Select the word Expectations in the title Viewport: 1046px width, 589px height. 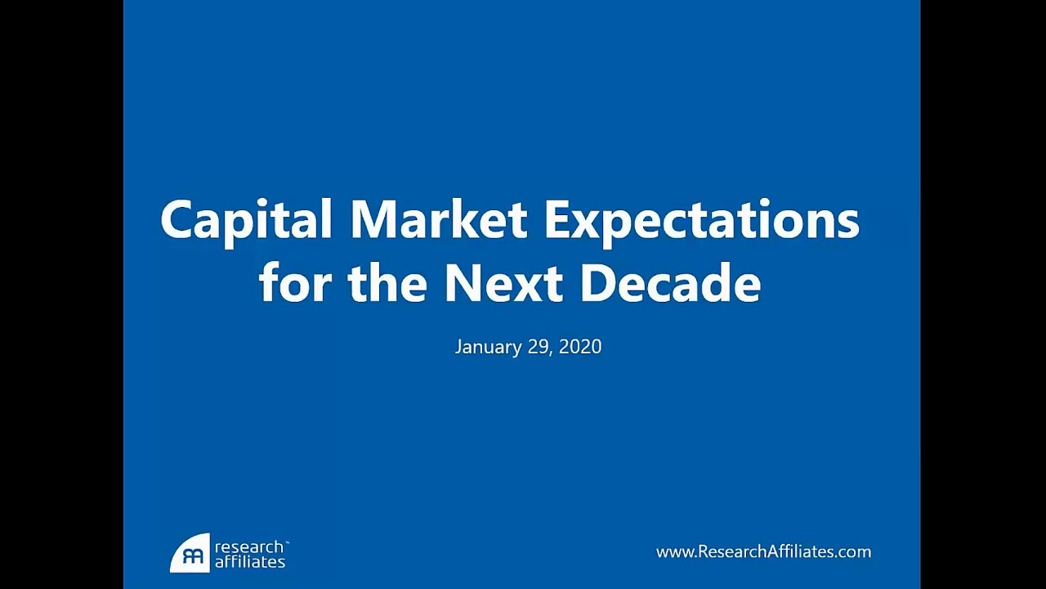click(x=701, y=221)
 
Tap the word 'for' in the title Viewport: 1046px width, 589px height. click(x=295, y=283)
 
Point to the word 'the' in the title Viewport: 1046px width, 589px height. click(x=387, y=283)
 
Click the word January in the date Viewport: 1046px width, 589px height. click(x=487, y=347)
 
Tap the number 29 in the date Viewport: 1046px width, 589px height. click(x=536, y=347)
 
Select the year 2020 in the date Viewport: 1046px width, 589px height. click(x=581, y=347)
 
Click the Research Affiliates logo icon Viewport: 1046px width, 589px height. click(x=190, y=553)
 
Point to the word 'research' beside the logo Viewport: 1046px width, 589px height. click(x=248, y=546)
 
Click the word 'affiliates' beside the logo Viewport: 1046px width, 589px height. click(x=249, y=562)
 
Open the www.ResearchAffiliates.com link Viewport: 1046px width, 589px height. click(x=763, y=552)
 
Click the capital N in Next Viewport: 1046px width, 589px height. click(x=463, y=283)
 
